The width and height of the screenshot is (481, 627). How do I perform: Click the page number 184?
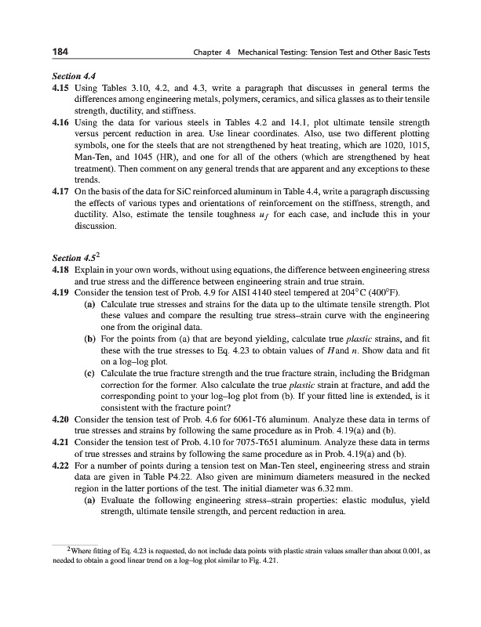(x=57, y=52)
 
